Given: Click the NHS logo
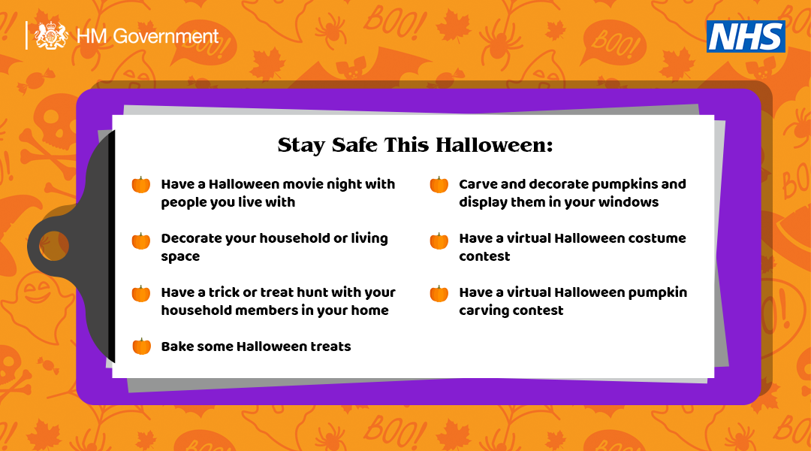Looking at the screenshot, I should (746, 36).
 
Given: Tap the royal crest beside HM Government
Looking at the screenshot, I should (51, 35).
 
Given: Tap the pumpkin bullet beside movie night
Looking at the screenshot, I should (141, 185).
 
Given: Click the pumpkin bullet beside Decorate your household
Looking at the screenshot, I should (141, 241).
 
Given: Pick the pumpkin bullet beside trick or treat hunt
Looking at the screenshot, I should (141, 294).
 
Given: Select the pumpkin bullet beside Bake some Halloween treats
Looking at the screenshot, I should (141, 347).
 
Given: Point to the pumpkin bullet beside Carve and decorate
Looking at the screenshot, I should (439, 185).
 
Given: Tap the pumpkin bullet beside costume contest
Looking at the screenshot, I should (439, 241).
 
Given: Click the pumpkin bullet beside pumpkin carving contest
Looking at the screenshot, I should (439, 294).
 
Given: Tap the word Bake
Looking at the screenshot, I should (177, 347).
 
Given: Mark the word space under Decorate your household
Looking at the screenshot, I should (180, 257).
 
